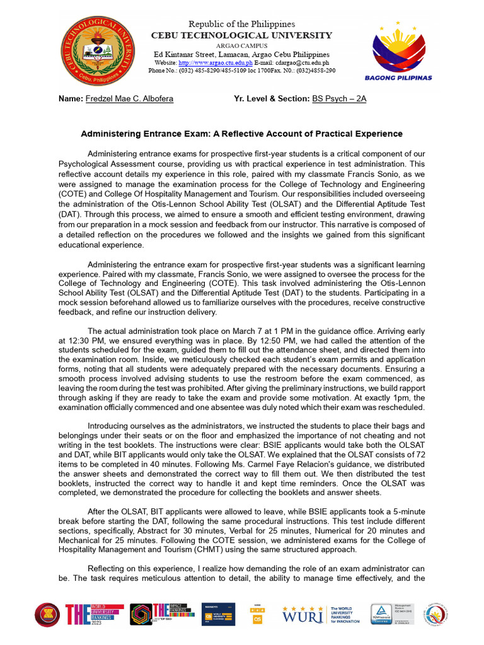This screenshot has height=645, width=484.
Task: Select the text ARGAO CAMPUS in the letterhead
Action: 242,46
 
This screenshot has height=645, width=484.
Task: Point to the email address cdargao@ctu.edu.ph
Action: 301,63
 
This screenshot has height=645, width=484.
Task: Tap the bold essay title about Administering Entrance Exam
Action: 242,134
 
